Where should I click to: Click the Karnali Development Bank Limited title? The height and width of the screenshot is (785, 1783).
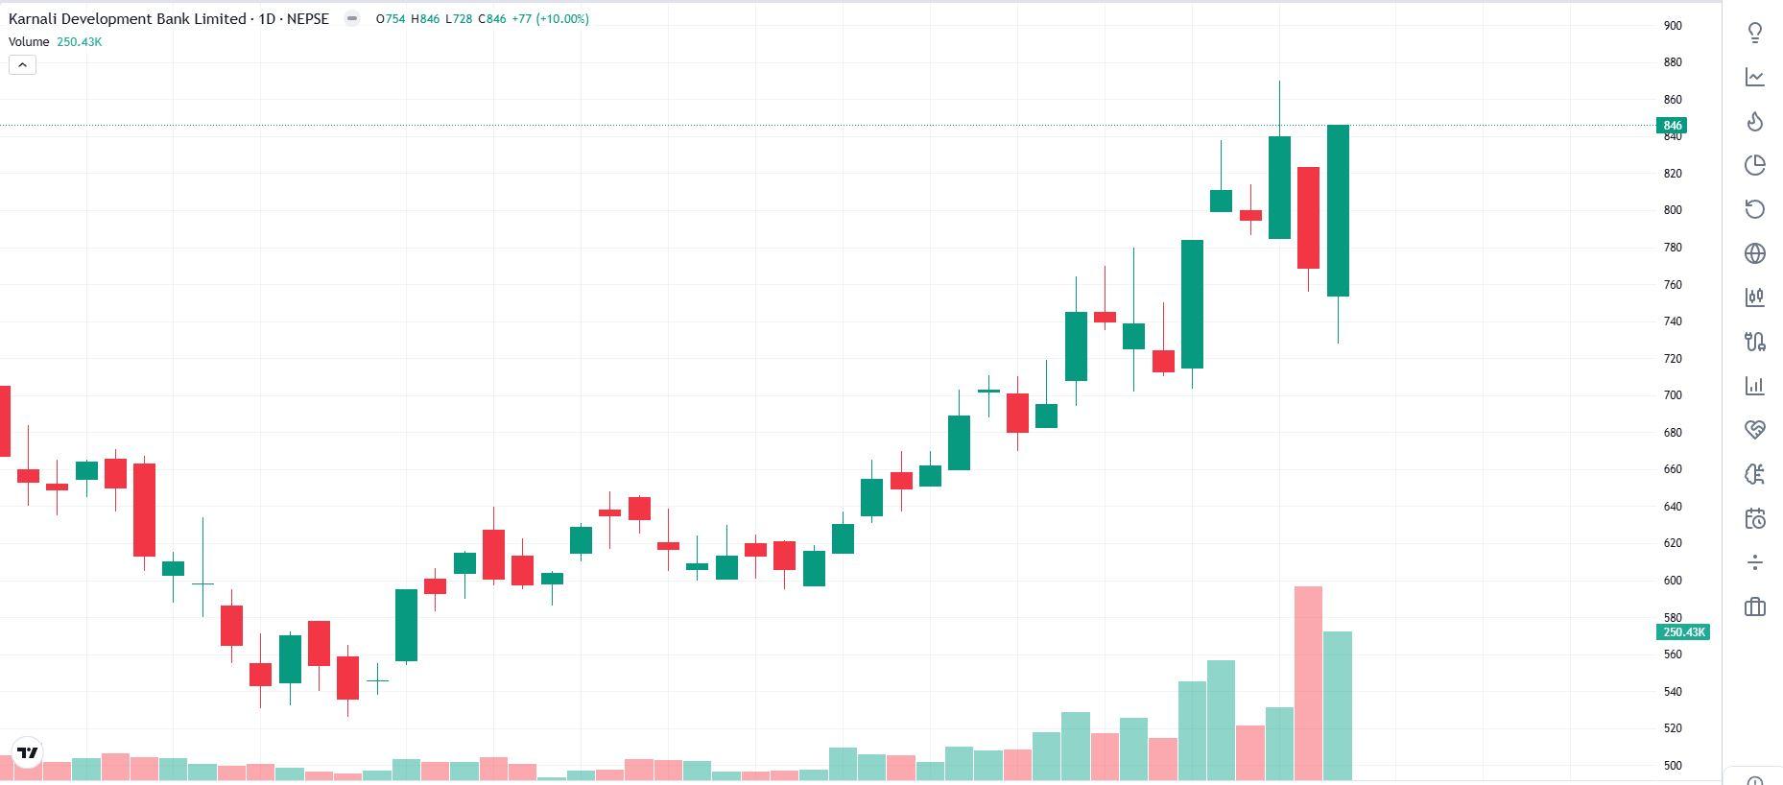click(x=127, y=19)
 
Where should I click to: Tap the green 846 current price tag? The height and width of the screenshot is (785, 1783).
click(x=1672, y=126)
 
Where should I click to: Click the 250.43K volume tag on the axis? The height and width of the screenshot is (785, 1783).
click(x=1683, y=632)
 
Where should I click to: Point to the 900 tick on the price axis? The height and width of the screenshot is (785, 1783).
click(x=1673, y=26)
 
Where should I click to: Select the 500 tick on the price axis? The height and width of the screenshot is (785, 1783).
click(x=1673, y=766)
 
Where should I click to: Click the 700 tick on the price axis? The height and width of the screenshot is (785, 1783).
click(x=1673, y=395)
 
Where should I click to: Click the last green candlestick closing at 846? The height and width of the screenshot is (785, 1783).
click(x=1338, y=211)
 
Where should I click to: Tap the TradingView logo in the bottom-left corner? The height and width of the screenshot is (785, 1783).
click(x=28, y=752)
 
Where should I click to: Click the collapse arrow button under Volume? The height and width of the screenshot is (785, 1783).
click(x=22, y=65)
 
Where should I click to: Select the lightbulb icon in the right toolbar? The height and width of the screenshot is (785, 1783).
click(x=1754, y=34)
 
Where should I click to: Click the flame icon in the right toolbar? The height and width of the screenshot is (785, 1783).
click(x=1754, y=122)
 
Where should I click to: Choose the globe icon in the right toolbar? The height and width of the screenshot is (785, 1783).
click(x=1754, y=253)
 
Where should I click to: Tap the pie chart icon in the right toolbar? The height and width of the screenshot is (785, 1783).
click(x=1754, y=166)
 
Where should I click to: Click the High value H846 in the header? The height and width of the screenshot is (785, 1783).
click(x=425, y=19)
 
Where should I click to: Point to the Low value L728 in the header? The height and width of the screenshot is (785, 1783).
click(x=459, y=19)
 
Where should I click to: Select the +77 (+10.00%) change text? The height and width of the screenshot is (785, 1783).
click(x=550, y=19)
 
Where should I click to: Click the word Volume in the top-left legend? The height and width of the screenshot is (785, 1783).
click(x=29, y=42)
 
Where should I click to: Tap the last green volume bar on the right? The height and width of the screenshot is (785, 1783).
click(x=1338, y=705)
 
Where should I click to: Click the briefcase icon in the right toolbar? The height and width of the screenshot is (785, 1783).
click(x=1754, y=607)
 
